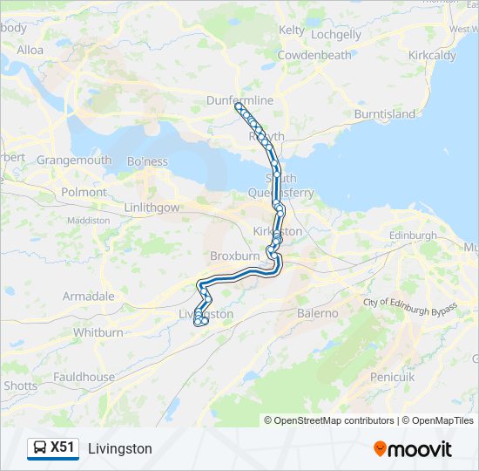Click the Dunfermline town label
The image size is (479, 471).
coord(239,101)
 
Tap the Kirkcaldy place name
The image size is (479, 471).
coord(432,55)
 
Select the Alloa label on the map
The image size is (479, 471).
coord(30,50)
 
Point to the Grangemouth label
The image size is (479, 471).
coord(74,160)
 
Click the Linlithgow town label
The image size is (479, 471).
coord(152,208)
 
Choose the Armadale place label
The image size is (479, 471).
coord(88,297)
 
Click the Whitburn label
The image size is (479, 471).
coord(98,332)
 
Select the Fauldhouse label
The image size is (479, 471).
coord(84,377)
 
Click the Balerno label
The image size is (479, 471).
coord(317,312)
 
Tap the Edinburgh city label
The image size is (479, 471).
coord(413,236)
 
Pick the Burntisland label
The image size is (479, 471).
coord(385,114)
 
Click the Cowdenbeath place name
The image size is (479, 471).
coord(314,55)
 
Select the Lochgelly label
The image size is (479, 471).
coord(335,35)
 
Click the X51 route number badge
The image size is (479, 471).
coord(53,447)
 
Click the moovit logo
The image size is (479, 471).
coord(413,449)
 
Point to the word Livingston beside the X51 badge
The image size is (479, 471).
coord(120,448)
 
